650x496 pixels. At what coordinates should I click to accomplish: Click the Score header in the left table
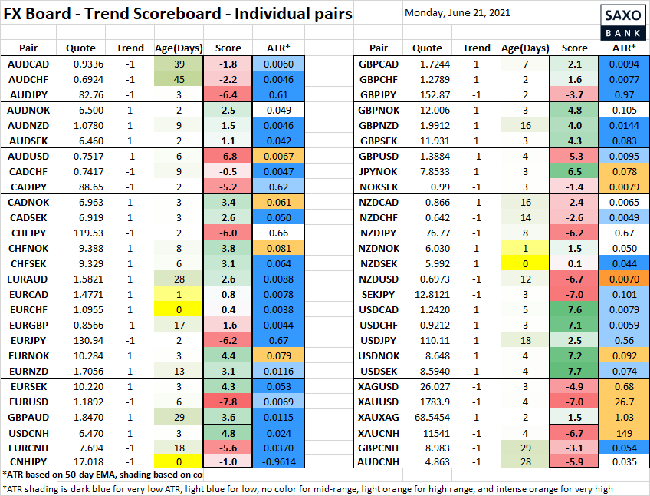click(x=228, y=48)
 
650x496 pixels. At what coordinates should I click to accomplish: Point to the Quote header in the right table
click(x=427, y=48)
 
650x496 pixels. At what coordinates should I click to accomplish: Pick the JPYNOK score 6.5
click(x=575, y=172)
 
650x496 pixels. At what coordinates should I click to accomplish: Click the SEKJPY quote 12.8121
click(x=428, y=295)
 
